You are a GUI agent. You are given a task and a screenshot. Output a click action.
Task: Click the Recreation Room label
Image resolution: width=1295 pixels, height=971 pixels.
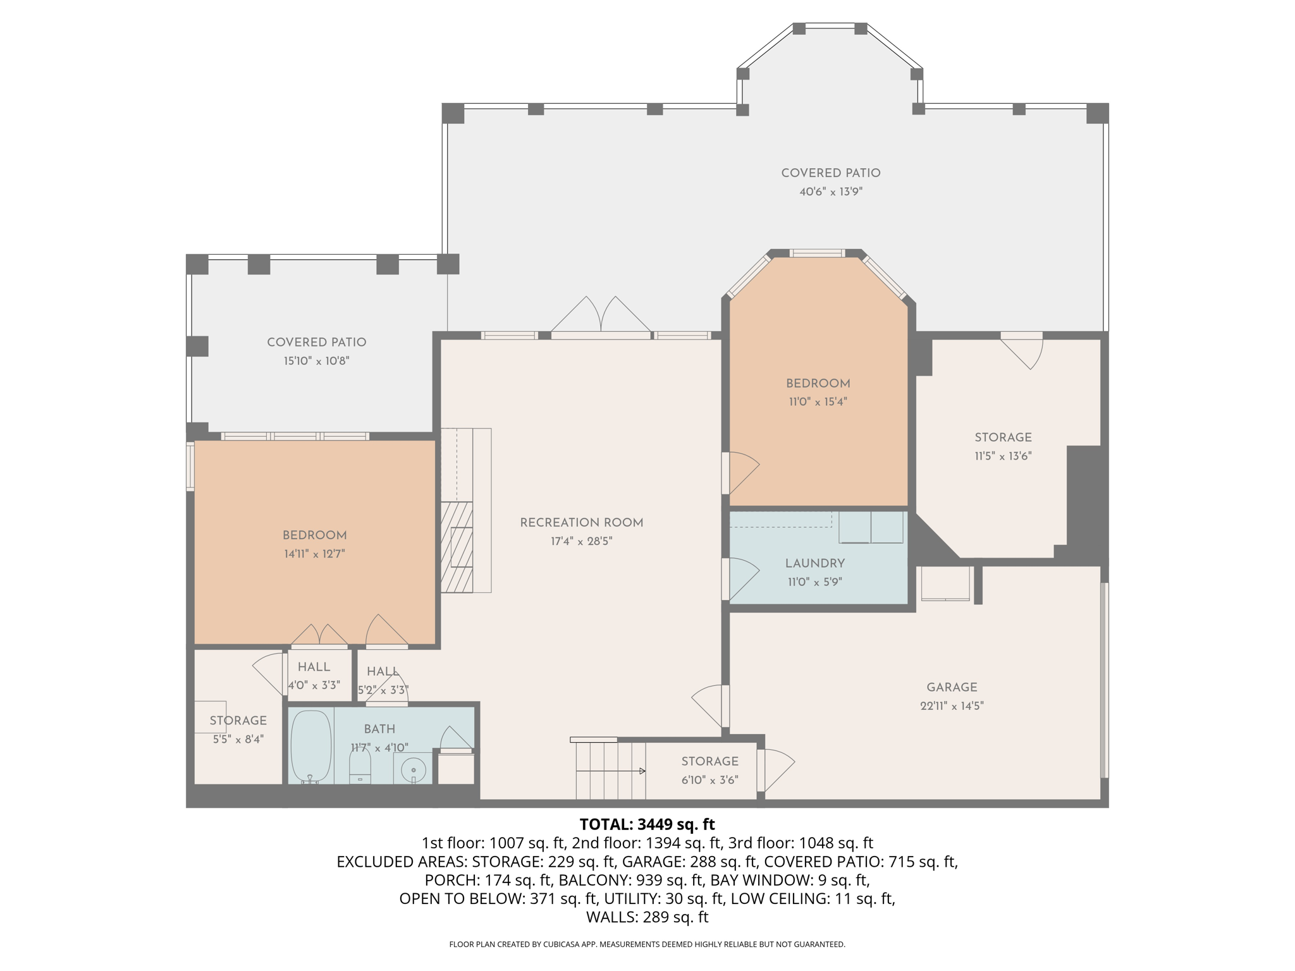(x=581, y=523)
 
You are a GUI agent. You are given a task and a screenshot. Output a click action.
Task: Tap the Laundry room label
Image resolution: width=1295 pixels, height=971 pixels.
(x=814, y=563)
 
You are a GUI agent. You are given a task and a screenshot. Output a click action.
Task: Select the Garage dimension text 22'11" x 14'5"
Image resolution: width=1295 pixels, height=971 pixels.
(x=952, y=706)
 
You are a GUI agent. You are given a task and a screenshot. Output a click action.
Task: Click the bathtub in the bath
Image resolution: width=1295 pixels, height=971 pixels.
(x=310, y=747)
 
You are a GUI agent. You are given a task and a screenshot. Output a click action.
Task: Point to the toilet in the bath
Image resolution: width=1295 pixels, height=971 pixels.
(x=360, y=767)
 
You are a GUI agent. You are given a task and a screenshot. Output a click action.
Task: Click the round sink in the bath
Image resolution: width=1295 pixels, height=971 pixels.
(x=413, y=770)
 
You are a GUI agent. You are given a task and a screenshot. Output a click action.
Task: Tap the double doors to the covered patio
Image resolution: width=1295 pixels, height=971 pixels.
(x=600, y=317)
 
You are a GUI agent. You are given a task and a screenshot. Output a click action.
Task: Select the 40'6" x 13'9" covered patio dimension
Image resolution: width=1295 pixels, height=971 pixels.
(x=830, y=192)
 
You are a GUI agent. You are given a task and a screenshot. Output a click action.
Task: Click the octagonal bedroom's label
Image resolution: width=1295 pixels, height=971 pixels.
(x=818, y=384)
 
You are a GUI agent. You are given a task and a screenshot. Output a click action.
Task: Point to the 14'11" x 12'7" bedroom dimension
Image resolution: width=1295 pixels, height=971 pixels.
(x=314, y=554)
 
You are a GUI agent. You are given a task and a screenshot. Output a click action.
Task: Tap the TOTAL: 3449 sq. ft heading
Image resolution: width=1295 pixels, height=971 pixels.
(x=647, y=824)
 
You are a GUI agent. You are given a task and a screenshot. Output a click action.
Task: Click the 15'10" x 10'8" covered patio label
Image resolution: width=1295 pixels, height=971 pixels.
(x=316, y=343)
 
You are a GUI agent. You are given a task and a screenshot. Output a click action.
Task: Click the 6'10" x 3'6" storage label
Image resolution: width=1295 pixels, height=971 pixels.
(x=709, y=762)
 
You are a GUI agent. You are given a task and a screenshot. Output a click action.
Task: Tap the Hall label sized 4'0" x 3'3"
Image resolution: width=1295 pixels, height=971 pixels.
(x=314, y=668)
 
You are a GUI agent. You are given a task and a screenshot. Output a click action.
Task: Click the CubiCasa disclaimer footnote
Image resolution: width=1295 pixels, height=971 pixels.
(x=647, y=944)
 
